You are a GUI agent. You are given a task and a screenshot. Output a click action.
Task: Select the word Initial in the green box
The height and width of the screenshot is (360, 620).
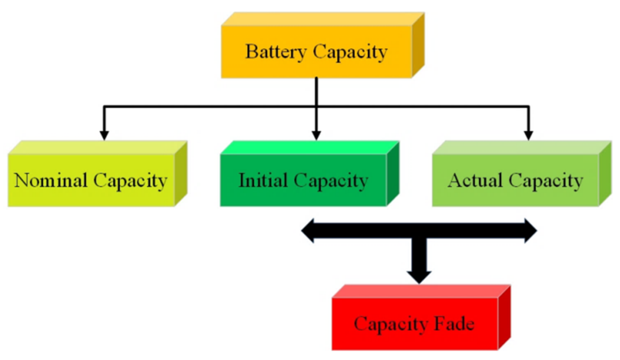263,181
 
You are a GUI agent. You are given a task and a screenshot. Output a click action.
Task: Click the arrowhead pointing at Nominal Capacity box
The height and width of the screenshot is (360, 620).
104,135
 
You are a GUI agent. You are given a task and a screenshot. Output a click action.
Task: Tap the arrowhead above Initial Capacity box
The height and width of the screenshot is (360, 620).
316,135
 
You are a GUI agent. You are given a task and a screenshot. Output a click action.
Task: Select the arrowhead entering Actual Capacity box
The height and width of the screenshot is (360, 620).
528,135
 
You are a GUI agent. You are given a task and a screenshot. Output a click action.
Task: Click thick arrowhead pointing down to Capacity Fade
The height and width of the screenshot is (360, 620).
419,276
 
